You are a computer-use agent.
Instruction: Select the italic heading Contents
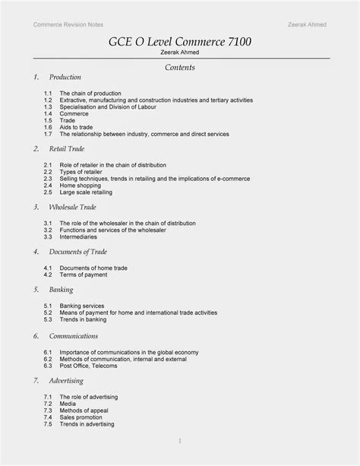tap(180, 68)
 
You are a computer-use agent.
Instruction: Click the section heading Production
tap(65, 78)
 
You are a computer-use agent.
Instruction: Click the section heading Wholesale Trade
tap(73, 207)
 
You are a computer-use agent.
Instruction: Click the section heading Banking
tap(61, 290)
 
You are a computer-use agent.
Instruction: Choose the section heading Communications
tap(73, 335)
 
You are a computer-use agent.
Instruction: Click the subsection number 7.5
tap(47, 424)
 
